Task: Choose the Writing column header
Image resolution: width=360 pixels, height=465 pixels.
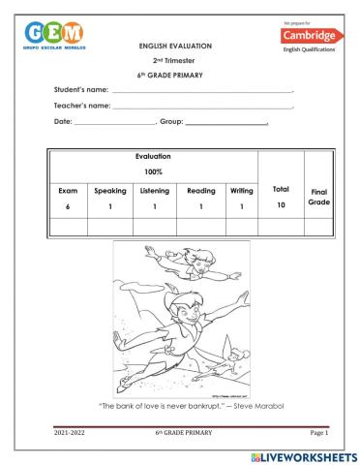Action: [x=241, y=191]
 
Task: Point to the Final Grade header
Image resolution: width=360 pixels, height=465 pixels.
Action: [x=318, y=199]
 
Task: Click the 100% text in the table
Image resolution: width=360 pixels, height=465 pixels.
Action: [x=154, y=171]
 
